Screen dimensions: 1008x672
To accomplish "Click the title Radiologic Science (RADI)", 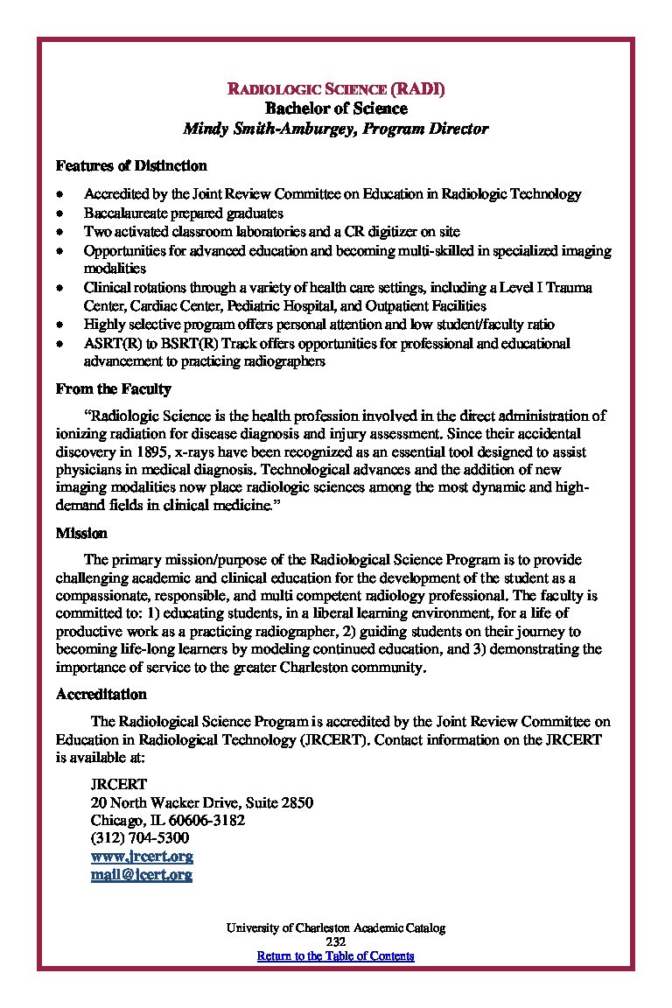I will tap(336, 89).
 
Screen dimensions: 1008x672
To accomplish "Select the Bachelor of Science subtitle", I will tap(336, 108).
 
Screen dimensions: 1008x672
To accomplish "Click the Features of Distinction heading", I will tap(131, 165).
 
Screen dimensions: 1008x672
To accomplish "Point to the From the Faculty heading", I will tap(114, 388).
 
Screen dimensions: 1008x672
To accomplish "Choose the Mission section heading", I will tap(81, 532).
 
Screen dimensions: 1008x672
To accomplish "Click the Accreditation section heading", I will tap(101, 694).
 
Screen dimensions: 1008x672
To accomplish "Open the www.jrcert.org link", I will tap(142, 857).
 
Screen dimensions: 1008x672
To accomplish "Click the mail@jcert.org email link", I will tap(142, 874).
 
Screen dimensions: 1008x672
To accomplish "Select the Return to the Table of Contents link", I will tap(335, 955).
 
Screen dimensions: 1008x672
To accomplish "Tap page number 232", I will tap(335, 941).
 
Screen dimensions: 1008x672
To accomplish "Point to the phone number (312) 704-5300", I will tap(140, 838).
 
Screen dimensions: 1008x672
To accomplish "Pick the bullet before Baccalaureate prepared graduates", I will tap(59, 213).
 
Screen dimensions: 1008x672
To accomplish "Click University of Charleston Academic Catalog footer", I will tap(335, 927).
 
